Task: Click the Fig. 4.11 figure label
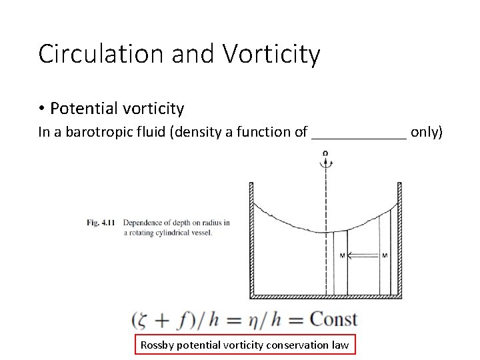coord(101,223)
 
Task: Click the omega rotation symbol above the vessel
coord(325,154)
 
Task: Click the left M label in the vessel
coord(341,255)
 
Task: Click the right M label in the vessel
coord(385,255)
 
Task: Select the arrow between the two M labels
coord(363,255)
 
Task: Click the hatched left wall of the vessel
coord(252,240)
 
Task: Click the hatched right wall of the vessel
coord(399,240)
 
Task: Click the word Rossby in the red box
coord(157,345)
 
